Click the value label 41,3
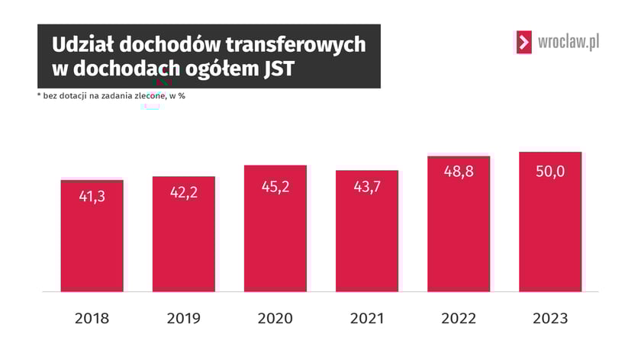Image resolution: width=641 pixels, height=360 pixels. tap(92, 196)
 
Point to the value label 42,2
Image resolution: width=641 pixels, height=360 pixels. tap(183, 192)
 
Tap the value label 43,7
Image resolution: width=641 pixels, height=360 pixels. tap(366, 187)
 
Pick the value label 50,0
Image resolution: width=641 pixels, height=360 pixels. tap(549, 172)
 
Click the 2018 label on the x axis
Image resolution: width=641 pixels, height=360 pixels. tap(92, 318)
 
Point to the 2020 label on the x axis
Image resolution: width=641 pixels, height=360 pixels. tap(275, 318)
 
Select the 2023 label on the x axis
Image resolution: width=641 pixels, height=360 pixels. tap(549, 318)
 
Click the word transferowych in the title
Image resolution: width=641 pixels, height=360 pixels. tap(291, 45)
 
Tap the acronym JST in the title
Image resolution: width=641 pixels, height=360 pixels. tap(275, 69)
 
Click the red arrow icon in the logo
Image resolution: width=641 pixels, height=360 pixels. tap(523, 42)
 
